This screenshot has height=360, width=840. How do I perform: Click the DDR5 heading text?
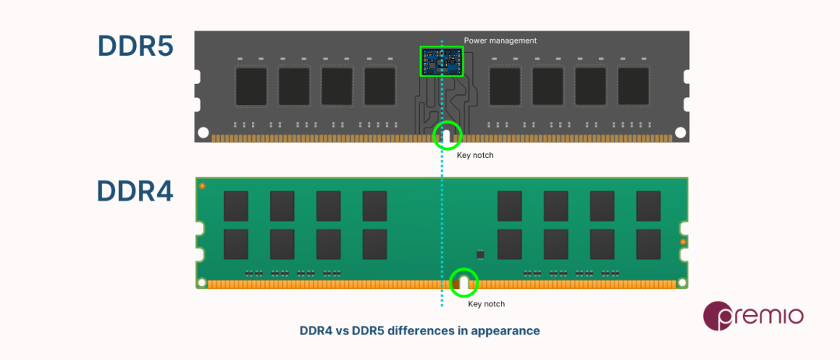point(135,47)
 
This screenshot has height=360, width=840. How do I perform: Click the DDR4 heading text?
point(135,190)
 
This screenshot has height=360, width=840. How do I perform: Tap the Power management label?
point(500,40)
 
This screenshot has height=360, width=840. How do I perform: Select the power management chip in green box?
point(441,61)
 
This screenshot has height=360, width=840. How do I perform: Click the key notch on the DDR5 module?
point(446,137)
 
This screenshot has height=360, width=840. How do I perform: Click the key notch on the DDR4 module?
point(464,283)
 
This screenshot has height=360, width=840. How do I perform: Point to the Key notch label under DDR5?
point(474,156)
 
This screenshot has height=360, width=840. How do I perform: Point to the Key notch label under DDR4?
point(486,304)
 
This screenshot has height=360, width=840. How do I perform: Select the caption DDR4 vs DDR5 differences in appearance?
point(419,330)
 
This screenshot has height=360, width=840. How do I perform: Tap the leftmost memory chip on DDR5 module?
point(251,86)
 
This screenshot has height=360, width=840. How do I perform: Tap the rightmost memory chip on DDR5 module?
point(633,86)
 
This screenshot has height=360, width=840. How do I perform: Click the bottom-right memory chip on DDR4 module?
point(648,243)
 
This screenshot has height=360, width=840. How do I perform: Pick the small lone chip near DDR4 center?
point(480,254)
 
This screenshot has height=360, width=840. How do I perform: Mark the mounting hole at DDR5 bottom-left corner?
point(203,133)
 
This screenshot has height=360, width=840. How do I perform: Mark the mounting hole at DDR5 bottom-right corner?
point(681,133)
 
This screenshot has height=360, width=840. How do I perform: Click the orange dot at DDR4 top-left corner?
point(202,186)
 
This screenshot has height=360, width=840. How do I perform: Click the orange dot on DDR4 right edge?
point(682,243)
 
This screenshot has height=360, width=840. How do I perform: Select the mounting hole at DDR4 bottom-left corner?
point(201,283)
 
